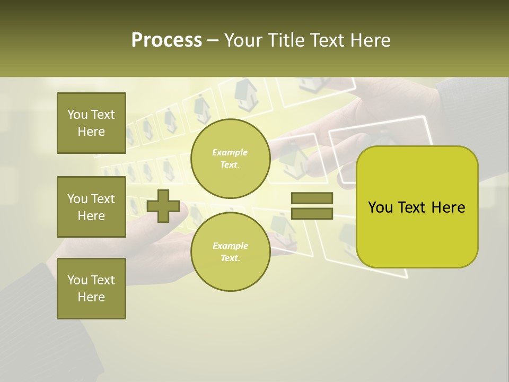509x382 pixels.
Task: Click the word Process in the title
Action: (166, 40)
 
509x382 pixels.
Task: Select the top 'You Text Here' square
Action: (91, 123)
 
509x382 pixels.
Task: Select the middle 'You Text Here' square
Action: (91, 207)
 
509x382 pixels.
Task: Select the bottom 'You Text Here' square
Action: (91, 289)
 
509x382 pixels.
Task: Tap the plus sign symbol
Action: (163, 206)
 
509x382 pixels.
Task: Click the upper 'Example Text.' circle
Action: (230, 159)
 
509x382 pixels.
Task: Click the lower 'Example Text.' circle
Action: (230, 252)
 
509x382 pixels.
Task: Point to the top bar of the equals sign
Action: (312, 198)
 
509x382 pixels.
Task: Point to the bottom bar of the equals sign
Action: (312, 214)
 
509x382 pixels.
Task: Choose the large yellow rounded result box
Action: (417, 207)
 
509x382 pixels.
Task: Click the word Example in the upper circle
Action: (230, 153)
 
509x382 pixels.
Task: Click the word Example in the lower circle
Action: (230, 246)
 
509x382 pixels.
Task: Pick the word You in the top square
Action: (77, 115)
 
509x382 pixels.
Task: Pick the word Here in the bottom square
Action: (91, 297)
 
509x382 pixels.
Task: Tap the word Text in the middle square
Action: (102, 199)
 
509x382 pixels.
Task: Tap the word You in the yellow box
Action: (380, 207)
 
